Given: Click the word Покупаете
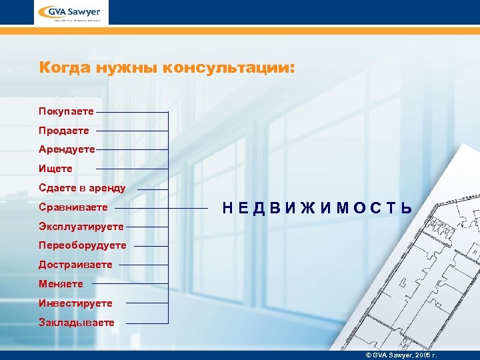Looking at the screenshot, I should click(x=66, y=111).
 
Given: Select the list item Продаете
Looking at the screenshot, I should click(x=63, y=130).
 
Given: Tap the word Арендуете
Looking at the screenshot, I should click(x=67, y=149).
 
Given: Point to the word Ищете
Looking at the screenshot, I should click(x=55, y=169).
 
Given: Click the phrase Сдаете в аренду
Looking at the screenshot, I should click(x=82, y=188).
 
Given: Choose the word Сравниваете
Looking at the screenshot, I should click(x=73, y=207).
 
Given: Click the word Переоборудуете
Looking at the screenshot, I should click(x=82, y=245).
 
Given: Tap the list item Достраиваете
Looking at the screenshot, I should click(x=75, y=265).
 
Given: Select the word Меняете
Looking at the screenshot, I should click(x=61, y=284).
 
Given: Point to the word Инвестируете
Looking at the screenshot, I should click(x=75, y=303).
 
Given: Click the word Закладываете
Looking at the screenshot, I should click(x=76, y=323).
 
